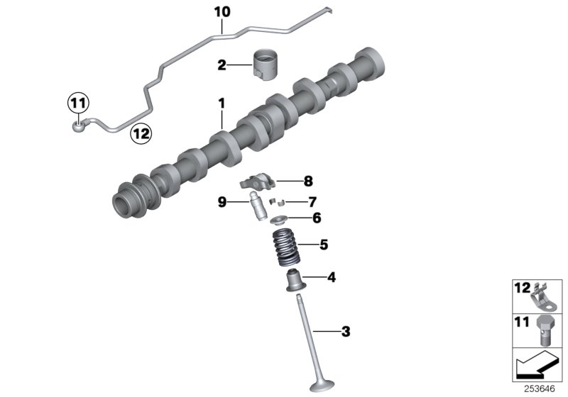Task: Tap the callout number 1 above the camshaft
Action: click(222, 104)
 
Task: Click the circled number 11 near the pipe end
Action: click(77, 104)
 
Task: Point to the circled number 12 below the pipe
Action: click(140, 132)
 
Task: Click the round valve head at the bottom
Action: click(319, 386)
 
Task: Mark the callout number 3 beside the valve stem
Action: click(346, 331)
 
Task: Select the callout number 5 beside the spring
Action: click(323, 245)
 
